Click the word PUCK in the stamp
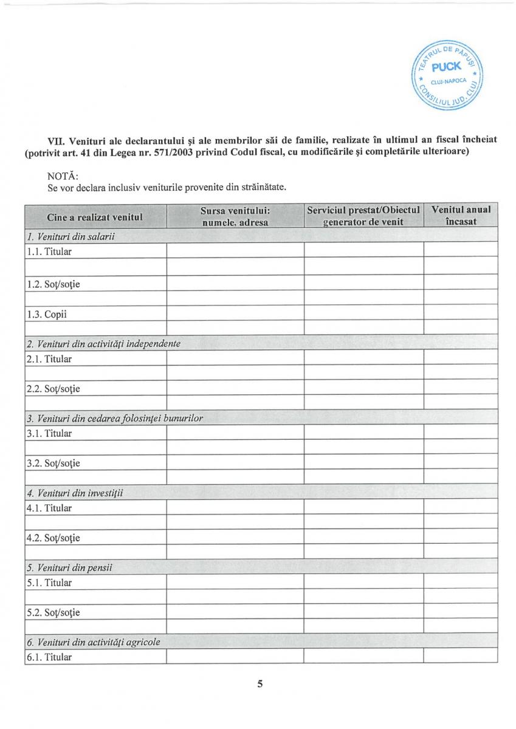[447, 67]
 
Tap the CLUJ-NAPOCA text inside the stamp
[447, 81]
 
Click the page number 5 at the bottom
[260, 684]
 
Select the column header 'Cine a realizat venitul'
[95, 216]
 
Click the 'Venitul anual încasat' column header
[461, 216]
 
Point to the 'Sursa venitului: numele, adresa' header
[235, 216]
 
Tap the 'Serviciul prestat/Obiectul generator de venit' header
[363, 216]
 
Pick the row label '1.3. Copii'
[46, 315]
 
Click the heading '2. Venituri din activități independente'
[103, 344]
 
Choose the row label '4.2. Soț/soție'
[53, 538]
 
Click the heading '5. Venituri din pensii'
[70, 568]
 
